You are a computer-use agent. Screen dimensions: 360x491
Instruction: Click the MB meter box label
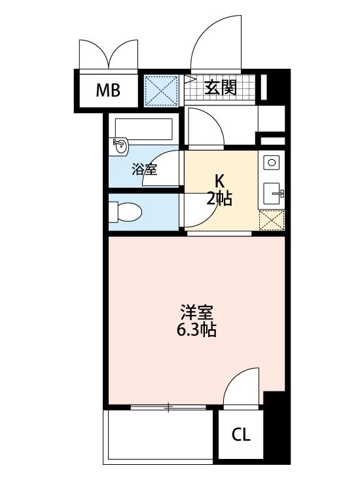point(108,90)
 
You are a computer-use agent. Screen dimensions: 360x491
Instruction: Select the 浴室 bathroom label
point(144,170)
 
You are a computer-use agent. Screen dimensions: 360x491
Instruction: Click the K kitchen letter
point(219,181)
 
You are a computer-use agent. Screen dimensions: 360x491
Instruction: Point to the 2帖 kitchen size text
point(219,198)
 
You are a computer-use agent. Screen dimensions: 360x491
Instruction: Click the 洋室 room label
point(196,312)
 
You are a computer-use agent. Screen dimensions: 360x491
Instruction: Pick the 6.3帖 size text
point(196,329)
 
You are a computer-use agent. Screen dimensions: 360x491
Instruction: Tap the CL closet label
point(241,435)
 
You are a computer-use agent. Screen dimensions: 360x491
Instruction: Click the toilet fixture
point(125,212)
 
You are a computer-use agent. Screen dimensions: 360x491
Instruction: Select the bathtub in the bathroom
point(144,129)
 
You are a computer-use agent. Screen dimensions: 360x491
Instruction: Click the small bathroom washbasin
point(121,146)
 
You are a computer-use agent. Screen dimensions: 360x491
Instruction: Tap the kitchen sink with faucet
point(274,193)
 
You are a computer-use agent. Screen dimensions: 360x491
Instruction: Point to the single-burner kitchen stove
point(272,163)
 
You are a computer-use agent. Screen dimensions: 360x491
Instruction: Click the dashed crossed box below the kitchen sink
point(272,221)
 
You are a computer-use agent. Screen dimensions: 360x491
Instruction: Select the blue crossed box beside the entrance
point(160,91)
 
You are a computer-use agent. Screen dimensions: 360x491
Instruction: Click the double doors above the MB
point(109,54)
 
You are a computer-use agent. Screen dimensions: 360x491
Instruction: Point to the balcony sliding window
point(168,407)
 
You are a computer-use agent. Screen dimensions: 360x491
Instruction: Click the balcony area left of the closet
point(160,437)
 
